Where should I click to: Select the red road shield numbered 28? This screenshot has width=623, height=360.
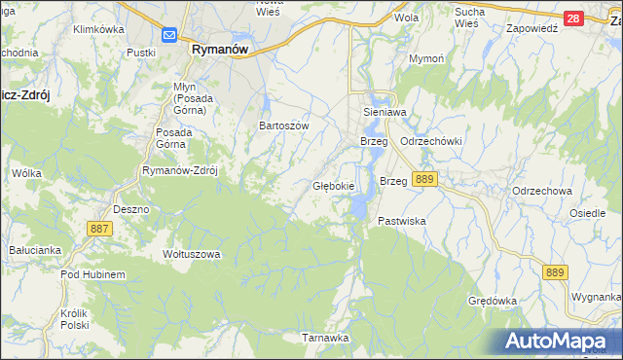573,18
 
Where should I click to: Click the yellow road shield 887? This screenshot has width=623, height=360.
100,228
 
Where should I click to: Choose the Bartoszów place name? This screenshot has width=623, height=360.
283,126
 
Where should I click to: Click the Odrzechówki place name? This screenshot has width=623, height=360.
430,141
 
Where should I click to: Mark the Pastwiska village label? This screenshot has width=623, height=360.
402,222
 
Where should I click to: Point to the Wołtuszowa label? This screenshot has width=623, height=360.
192,254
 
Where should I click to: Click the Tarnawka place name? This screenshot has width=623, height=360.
324,338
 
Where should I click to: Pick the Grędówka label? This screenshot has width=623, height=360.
492,301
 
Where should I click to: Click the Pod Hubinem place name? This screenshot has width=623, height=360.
92,275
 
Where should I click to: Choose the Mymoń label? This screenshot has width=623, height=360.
425,59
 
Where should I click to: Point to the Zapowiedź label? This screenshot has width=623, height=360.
531,28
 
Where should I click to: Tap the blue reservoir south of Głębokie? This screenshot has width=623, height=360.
360,205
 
